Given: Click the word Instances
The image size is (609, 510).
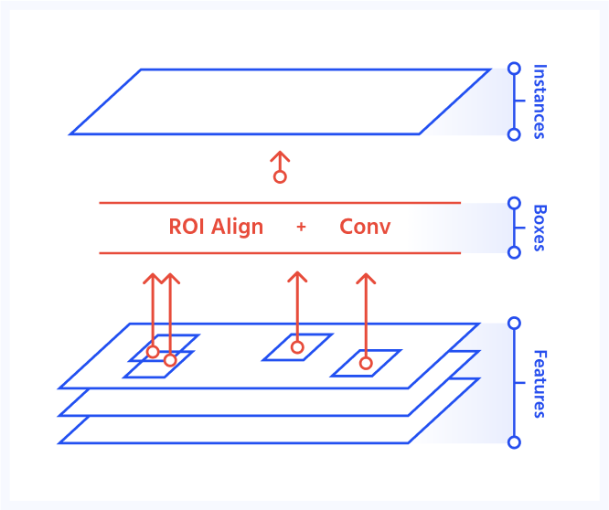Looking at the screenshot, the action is pyautogui.click(x=540, y=101).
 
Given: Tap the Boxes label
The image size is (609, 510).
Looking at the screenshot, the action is pyautogui.click(x=540, y=228).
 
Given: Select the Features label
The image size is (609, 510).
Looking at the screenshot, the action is pyautogui.click(x=540, y=384).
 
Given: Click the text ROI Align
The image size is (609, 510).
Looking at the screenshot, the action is pyautogui.click(x=216, y=227).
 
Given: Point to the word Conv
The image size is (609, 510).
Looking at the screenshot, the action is pyautogui.click(x=365, y=227).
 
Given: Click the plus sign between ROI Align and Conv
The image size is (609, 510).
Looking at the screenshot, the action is pyautogui.click(x=301, y=227).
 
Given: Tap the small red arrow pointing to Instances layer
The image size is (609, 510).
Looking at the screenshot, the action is pyautogui.click(x=280, y=167).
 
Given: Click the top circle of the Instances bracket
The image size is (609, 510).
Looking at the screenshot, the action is pyautogui.click(x=514, y=69).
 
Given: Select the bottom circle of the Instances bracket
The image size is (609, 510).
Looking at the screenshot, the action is pyautogui.click(x=514, y=134).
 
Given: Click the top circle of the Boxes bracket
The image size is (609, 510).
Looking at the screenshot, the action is pyautogui.click(x=514, y=203).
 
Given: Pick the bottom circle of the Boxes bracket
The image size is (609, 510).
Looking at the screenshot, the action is pyautogui.click(x=514, y=252).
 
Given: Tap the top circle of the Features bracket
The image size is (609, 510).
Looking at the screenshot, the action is pyautogui.click(x=514, y=323).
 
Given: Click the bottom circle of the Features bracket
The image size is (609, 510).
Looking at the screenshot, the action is pyautogui.click(x=514, y=442).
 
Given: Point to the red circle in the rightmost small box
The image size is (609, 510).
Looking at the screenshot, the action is pyautogui.click(x=366, y=363).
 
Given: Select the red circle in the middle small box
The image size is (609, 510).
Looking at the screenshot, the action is pyautogui.click(x=297, y=347).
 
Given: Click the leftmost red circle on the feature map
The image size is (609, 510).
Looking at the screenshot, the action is pyautogui.click(x=153, y=352).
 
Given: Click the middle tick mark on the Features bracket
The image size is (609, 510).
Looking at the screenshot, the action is pyautogui.click(x=519, y=383).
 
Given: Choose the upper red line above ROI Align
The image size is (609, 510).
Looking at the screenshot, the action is pyautogui.click(x=280, y=203).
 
